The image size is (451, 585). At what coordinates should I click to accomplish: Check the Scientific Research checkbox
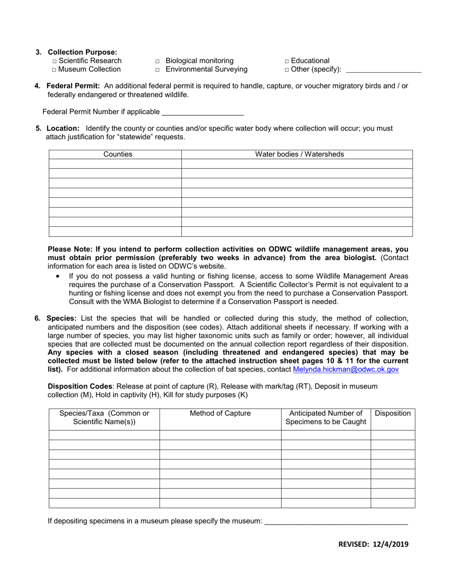click(x=55, y=61)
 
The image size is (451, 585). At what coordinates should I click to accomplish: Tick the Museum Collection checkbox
click(x=55, y=70)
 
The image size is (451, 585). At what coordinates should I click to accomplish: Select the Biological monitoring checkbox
click(x=158, y=61)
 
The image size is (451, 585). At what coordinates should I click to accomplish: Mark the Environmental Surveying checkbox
click(x=158, y=70)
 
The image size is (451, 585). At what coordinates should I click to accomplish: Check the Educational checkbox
click(x=287, y=61)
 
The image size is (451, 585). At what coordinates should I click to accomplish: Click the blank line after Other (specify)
click(x=383, y=70)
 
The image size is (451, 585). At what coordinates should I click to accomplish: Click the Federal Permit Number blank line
click(x=203, y=112)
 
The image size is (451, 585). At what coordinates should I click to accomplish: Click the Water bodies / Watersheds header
click(x=299, y=154)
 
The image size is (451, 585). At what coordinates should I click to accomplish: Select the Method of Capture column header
click(x=220, y=413)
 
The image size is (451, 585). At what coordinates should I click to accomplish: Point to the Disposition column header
click(x=393, y=413)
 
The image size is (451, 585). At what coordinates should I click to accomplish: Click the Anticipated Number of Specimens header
click(x=326, y=418)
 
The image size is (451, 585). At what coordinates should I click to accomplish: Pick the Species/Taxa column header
click(x=104, y=418)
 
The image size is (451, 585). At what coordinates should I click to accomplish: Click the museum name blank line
click(x=336, y=521)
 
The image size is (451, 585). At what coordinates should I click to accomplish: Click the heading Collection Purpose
click(x=82, y=52)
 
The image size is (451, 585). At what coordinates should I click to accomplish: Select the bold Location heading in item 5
click(x=63, y=128)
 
